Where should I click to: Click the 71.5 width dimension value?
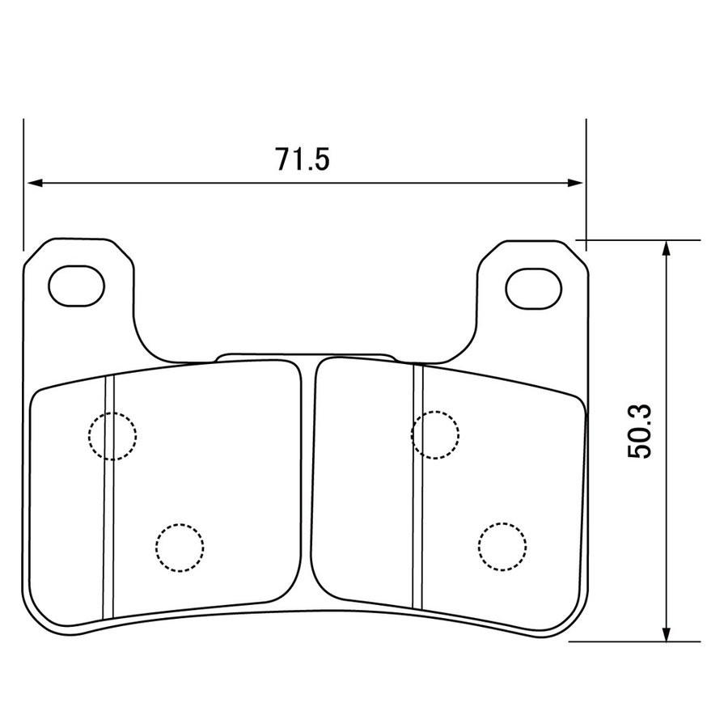[x=303, y=159]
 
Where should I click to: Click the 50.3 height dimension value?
[x=640, y=432]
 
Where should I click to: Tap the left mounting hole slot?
[x=77, y=286]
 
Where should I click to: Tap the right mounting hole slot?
[x=534, y=288]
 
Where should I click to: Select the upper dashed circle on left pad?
[x=112, y=436]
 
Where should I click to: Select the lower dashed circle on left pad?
[x=180, y=548]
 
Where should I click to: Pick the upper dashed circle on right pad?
[x=435, y=435]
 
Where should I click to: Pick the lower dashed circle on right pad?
[x=502, y=547]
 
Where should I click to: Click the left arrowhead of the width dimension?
[x=35, y=183]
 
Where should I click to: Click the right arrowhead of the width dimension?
[x=575, y=183]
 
